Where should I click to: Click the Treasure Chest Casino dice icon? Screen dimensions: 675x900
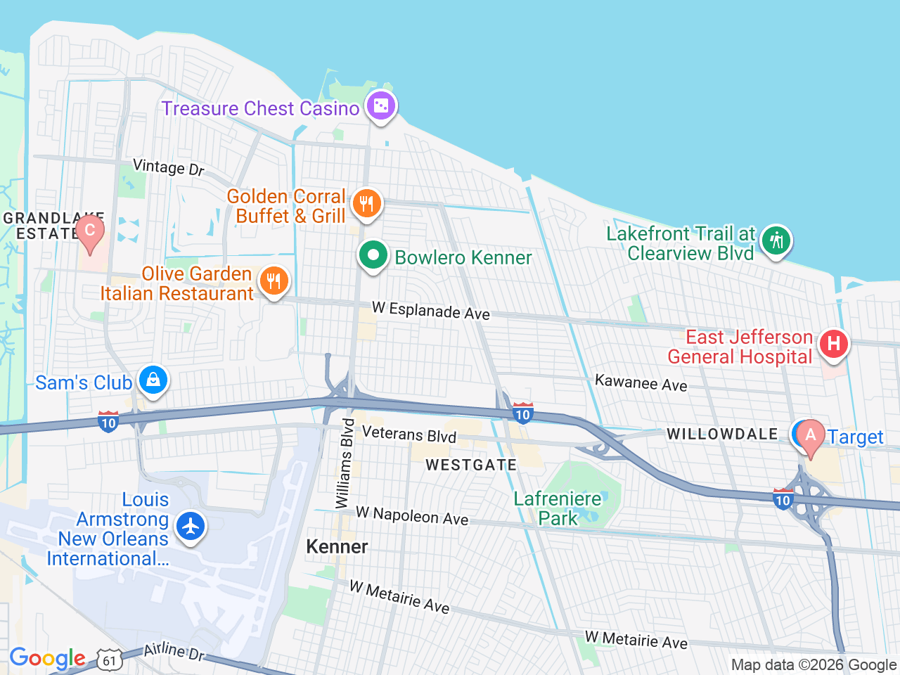pyautogui.click(x=381, y=106)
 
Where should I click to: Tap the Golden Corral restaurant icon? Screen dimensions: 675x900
pyautogui.click(x=366, y=204)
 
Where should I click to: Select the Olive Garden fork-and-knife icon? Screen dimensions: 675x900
pyautogui.click(x=274, y=281)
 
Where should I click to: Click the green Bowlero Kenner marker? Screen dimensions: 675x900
pyautogui.click(x=373, y=255)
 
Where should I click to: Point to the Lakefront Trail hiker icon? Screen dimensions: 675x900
pyautogui.click(x=776, y=241)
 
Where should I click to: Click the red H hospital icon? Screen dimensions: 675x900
pyautogui.click(x=833, y=344)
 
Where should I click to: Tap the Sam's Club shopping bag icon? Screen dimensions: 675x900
pyautogui.click(x=153, y=380)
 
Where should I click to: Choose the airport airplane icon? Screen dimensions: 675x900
pyautogui.click(x=190, y=526)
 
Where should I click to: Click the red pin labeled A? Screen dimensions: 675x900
pyautogui.click(x=810, y=436)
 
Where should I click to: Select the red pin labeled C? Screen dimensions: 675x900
pyautogui.click(x=90, y=231)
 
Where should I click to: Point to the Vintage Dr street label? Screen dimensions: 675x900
pyautogui.click(x=169, y=167)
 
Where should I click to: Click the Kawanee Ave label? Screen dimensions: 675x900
pyautogui.click(x=641, y=383)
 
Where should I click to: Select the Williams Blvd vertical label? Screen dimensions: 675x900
pyautogui.click(x=344, y=464)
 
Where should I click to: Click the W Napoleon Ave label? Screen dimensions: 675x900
pyautogui.click(x=412, y=516)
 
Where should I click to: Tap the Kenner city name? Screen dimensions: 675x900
pyautogui.click(x=337, y=547)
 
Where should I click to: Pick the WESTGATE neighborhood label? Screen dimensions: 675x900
pyautogui.click(x=471, y=465)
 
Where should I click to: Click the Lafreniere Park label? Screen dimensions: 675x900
pyautogui.click(x=558, y=508)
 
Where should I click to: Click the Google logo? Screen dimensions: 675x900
pyautogui.click(x=47, y=659)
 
